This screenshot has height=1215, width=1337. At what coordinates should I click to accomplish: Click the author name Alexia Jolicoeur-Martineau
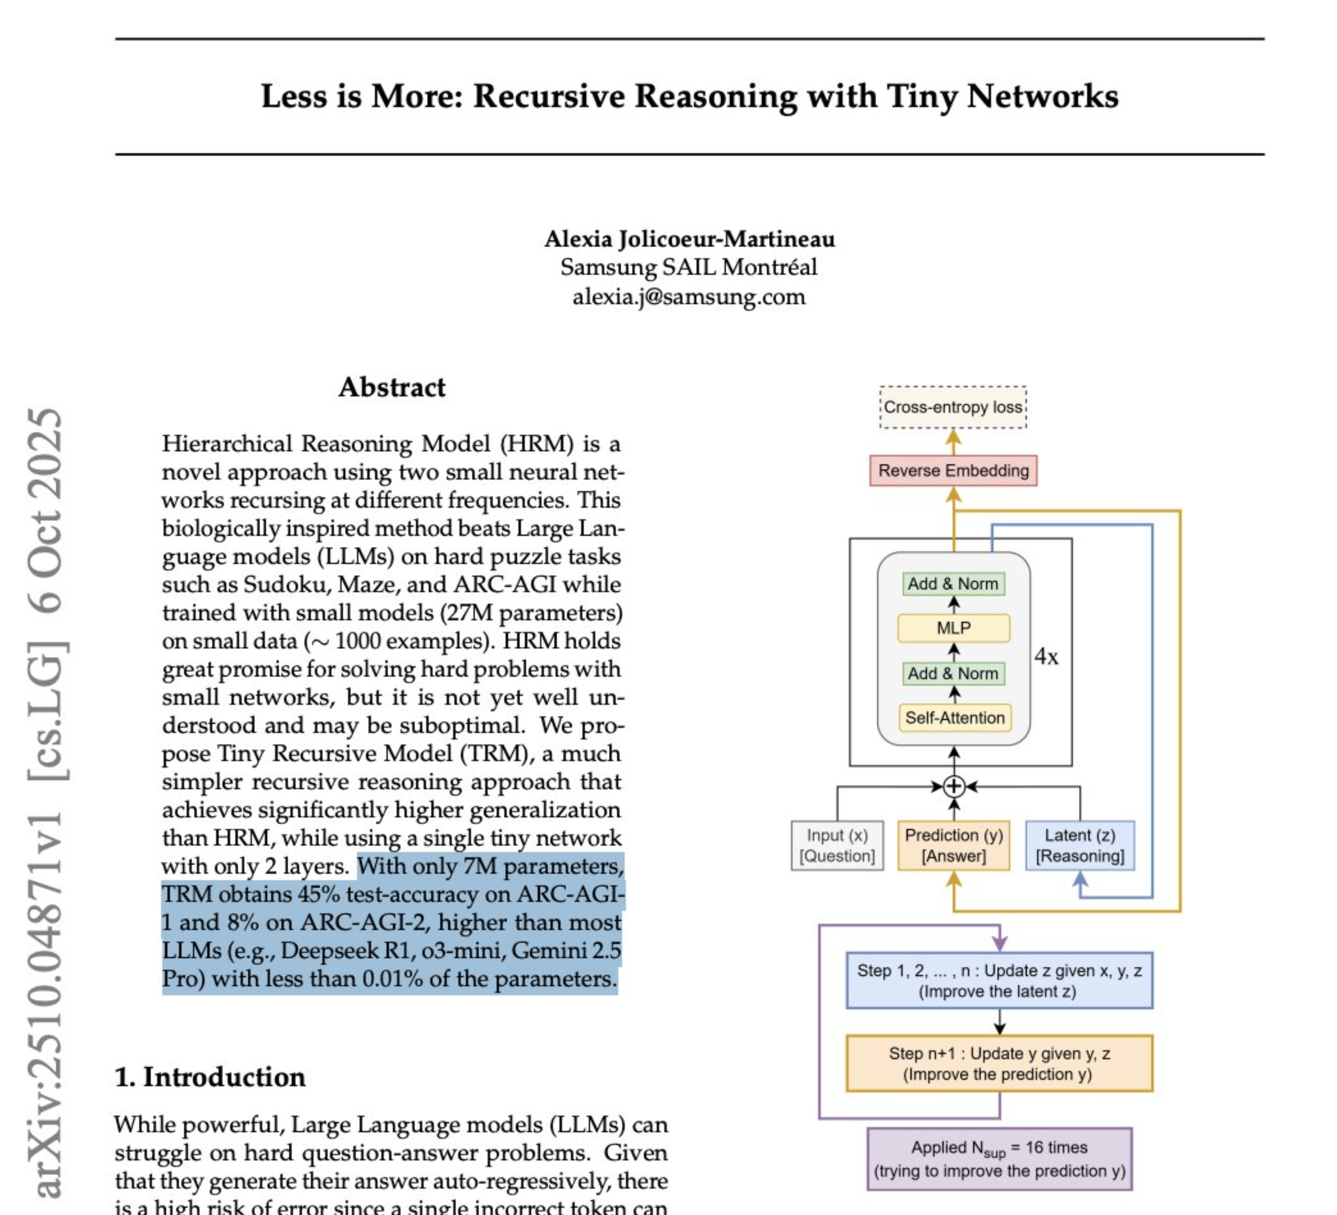click(x=689, y=239)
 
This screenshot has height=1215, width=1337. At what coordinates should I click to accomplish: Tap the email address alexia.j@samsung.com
click(x=689, y=296)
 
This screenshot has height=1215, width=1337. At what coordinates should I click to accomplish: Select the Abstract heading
click(x=392, y=387)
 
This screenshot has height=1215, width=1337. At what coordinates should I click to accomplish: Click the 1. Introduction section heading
click(x=210, y=1077)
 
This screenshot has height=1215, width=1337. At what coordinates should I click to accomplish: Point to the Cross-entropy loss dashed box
click(x=953, y=407)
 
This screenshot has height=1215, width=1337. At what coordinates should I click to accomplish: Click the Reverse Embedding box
click(x=953, y=470)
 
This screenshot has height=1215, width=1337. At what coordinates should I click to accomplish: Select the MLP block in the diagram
click(x=953, y=628)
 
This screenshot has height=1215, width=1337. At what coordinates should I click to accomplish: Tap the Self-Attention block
click(x=954, y=718)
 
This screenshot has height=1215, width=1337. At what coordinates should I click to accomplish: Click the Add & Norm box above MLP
click(x=953, y=584)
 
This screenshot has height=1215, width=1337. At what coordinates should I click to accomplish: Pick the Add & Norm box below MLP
click(x=953, y=674)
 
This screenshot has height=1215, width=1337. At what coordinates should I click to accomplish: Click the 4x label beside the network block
click(x=1046, y=657)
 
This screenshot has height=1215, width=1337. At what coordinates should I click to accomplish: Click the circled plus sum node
click(x=953, y=787)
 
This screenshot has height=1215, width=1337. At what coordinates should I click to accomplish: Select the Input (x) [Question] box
click(x=837, y=845)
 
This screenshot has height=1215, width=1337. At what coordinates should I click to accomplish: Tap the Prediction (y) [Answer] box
click(x=953, y=845)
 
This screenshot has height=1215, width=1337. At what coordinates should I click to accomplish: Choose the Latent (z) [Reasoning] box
click(x=1080, y=845)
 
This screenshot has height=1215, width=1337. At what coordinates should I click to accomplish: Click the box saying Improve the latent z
click(x=999, y=980)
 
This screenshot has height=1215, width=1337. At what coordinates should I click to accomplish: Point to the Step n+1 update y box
click(x=999, y=1063)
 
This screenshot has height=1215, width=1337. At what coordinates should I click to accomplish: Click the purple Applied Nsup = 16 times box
click(x=999, y=1158)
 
